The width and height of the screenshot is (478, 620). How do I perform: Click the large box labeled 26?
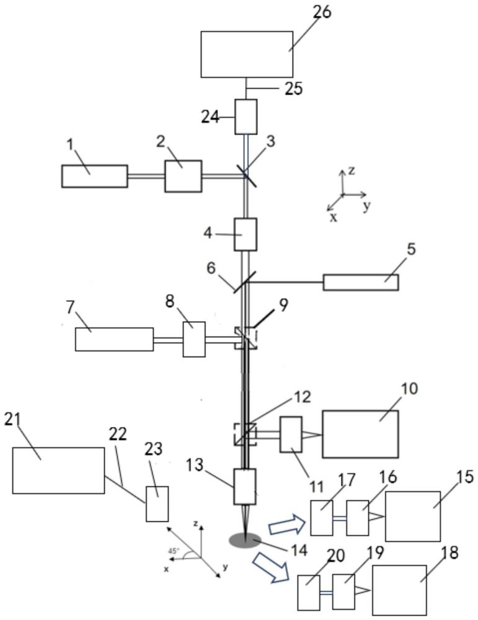pyautogui.click(x=247, y=54)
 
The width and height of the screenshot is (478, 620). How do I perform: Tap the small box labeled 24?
pyautogui.click(x=246, y=117)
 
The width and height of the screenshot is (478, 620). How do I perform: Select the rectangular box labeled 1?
pyautogui.click(x=94, y=176)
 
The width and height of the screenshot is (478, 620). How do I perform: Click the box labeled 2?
pyautogui.click(x=183, y=176)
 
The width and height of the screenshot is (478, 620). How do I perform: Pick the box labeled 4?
pyautogui.click(x=246, y=234)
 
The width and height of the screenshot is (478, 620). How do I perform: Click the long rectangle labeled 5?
pyautogui.click(x=361, y=282)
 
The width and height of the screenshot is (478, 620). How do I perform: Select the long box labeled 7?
pyautogui.click(x=114, y=339)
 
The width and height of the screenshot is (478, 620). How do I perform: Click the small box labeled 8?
pyautogui.click(x=194, y=339)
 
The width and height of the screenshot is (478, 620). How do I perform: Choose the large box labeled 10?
pyautogui.click(x=360, y=434)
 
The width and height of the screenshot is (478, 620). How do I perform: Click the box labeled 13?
pyautogui.click(x=245, y=486)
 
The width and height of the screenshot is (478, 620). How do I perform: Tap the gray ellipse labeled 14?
pyautogui.click(x=245, y=541)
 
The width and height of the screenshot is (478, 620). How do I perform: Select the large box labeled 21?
pyautogui.click(x=58, y=471)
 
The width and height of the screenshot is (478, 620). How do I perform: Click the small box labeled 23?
pyautogui.click(x=157, y=503)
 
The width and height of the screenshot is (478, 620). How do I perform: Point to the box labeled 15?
pyautogui.click(x=413, y=516)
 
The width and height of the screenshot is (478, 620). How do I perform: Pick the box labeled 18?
pyautogui.click(x=399, y=590)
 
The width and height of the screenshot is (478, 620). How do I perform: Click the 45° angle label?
pyautogui.click(x=174, y=551)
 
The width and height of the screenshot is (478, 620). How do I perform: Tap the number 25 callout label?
pyautogui.click(x=294, y=89)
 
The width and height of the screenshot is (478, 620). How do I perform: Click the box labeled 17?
pyautogui.click(x=321, y=518)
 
